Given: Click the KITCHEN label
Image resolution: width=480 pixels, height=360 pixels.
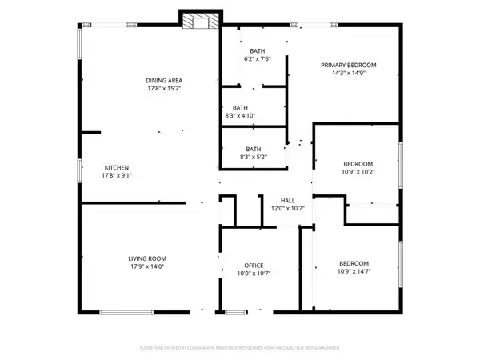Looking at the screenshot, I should click(116, 166).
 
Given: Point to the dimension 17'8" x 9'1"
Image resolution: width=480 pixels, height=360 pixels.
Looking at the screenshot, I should click(116, 175).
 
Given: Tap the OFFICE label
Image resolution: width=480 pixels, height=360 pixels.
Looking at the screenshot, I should click(254, 266).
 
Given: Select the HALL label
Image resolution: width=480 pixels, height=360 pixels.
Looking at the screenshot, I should click(287, 200).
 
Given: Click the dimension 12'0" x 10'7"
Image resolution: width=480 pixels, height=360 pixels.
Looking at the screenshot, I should click(287, 209).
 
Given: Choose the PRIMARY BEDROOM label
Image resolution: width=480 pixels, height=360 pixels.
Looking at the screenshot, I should click(348, 65).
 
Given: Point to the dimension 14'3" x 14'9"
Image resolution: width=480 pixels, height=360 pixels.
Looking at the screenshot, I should click(348, 74).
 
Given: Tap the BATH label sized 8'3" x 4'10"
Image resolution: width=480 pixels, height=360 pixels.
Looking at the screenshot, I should click(240, 108).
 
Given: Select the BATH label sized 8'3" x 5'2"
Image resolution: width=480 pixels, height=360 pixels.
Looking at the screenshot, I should click(254, 149).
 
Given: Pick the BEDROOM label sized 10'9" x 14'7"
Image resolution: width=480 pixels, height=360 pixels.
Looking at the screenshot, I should click(353, 264).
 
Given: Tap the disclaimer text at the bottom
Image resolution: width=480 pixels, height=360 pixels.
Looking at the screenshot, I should click(240, 349).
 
